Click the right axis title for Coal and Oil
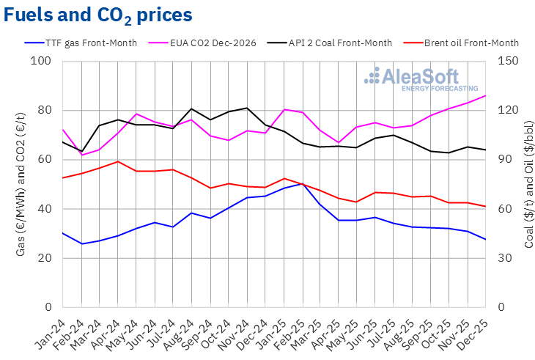528,183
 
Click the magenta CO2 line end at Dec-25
485,96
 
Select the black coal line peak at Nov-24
246,108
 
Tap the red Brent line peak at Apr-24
117,161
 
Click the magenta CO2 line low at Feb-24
81,155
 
